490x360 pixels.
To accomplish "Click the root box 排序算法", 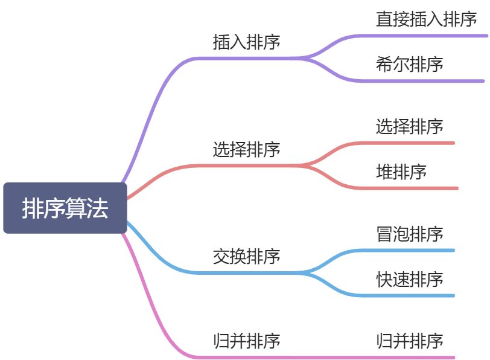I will point(65,208).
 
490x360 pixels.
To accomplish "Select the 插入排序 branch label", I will point(246,42).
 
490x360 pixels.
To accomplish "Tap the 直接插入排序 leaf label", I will point(426,19).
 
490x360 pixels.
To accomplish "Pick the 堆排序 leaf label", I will point(401,172).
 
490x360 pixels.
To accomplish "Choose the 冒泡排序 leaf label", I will point(409,234).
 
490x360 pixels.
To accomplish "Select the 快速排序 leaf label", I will point(409,279).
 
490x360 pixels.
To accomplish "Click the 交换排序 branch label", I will point(246,257).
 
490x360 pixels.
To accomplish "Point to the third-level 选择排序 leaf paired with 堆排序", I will point(409,127).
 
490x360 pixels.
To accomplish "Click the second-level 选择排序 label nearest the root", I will point(246,149).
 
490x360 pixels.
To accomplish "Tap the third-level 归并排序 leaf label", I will point(409,341).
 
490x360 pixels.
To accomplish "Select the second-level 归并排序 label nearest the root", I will point(246,341).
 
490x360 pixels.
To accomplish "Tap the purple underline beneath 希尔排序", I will point(422,80).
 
